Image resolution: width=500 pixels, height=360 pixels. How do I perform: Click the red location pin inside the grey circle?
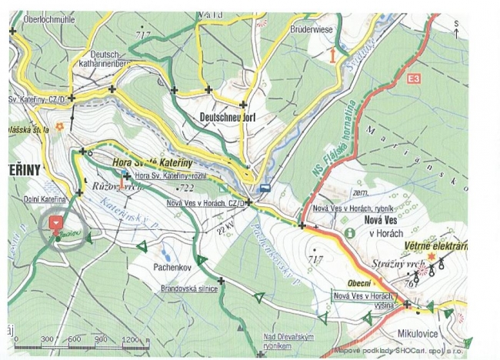pyautogui.click(x=55, y=222)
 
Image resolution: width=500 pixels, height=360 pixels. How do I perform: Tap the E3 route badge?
pyautogui.click(x=415, y=78)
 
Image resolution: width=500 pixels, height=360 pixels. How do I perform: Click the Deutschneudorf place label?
pyautogui.click(x=227, y=118)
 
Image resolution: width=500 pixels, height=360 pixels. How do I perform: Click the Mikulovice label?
pyautogui.click(x=418, y=335)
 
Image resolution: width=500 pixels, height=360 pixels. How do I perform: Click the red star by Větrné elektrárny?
pyautogui.click(x=432, y=255)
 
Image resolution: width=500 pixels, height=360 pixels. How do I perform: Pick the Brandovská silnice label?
pyautogui.click(x=189, y=288)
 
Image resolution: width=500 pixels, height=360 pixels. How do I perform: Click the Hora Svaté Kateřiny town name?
pyautogui.click(x=152, y=163)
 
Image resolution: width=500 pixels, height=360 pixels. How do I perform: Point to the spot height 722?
pyautogui.click(x=185, y=188)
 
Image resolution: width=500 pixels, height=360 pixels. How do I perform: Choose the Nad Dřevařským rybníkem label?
pyautogui.click(x=288, y=341)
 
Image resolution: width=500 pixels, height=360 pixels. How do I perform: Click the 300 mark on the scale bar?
pyautogui.click(x=47, y=339)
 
